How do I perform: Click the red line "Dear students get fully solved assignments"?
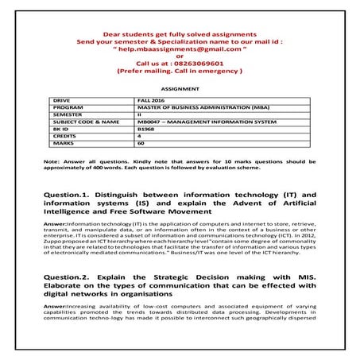click(180, 35)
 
